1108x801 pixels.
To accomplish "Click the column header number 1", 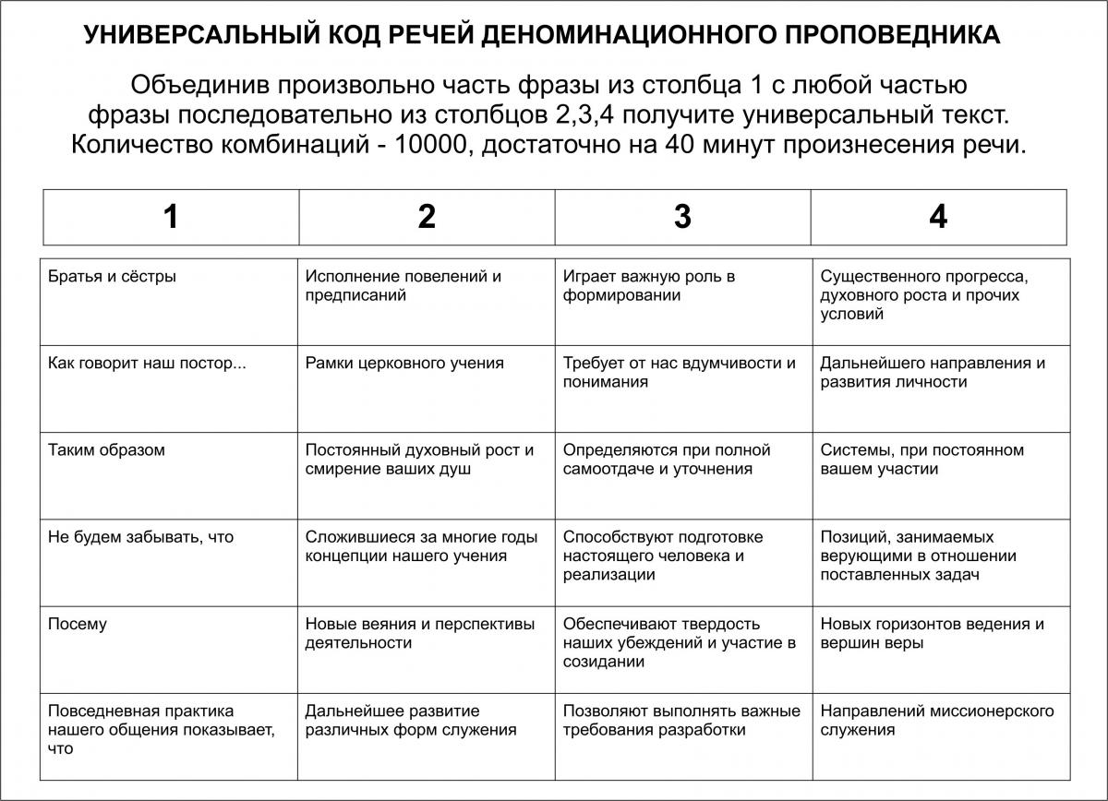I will (171, 217).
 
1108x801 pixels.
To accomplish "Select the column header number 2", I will (427, 217).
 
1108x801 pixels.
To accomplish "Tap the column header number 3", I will (682, 217).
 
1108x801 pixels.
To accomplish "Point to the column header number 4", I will (938, 217).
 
